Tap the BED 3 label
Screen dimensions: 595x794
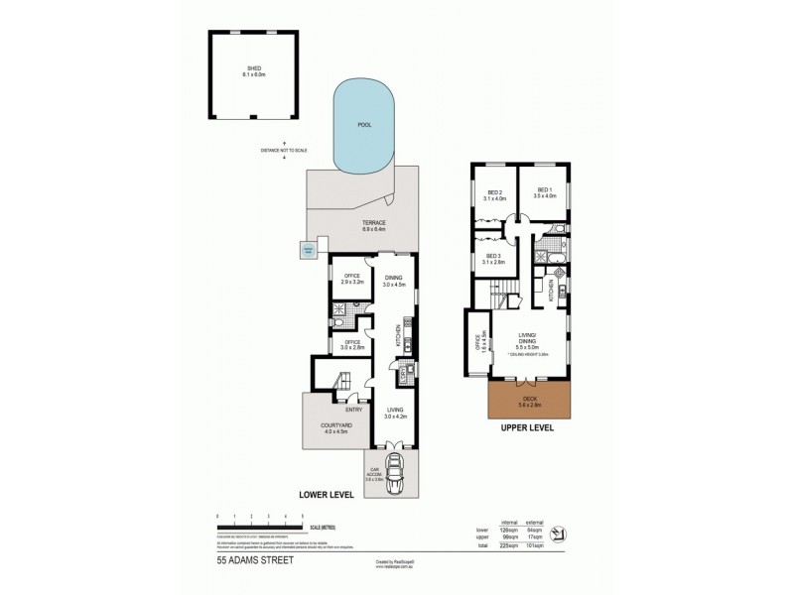coord(493,260)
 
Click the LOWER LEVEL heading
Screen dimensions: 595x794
coord(327,493)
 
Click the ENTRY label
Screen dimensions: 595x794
coord(351,409)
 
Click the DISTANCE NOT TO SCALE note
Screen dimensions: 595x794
coord(285,151)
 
